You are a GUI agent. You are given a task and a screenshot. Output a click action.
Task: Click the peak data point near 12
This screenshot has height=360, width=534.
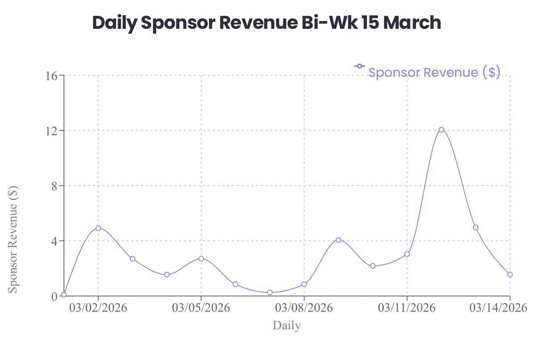pyautogui.click(x=441, y=130)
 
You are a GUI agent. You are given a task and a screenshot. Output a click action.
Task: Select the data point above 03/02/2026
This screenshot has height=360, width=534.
pyautogui.click(x=98, y=228)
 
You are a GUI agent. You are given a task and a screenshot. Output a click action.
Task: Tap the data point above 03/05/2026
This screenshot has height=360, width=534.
pyautogui.click(x=201, y=258)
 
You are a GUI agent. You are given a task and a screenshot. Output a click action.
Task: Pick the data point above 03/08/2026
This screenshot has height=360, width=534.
pyautogui.click(x=304, y=284)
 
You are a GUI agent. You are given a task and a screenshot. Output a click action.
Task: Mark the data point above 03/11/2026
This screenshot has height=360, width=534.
pyautogui.click(x=407, y=254)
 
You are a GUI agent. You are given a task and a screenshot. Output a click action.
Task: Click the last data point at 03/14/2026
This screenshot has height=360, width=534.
pyautogui.click(x=510, y=274)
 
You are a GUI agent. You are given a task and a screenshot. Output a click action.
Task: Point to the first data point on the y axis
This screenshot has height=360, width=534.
pyautogui.click(x=64, y=295)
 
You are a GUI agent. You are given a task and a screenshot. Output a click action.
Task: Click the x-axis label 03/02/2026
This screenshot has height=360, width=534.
pyautogui.click(x=98, y=308)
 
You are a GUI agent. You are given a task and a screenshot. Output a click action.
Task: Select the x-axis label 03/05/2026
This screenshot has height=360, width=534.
pyautogui.click(x=201, y=308)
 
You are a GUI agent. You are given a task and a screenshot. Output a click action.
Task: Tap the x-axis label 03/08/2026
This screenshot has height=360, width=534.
pyautogui.click(x=304, y=308)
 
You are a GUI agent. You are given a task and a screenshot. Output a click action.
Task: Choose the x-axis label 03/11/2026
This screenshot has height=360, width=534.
pyautogui.click(x=407, y=308)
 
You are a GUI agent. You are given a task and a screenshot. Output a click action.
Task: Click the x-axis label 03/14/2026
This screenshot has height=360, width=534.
pyautogui.click(x=499, y=308)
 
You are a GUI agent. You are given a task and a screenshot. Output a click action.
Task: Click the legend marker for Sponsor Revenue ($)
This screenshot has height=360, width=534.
pyautogui.click(x=359, y=66)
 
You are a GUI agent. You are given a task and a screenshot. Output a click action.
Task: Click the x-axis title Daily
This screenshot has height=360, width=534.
pyautogui.click(x=287, y=326)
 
